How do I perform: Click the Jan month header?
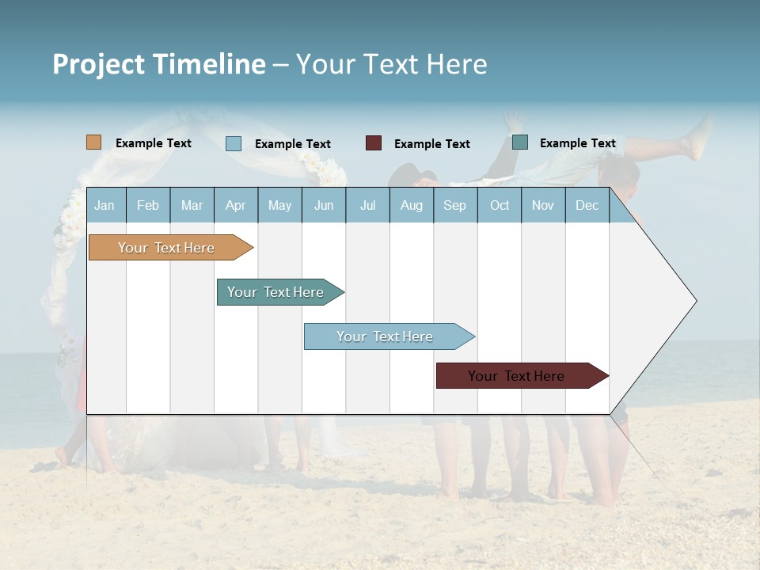(104, 205)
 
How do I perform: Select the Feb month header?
(148, 205)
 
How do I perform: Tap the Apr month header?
(235, 205)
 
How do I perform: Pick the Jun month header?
(324, 205)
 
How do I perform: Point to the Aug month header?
(411, 205)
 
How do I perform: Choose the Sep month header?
(454, 205)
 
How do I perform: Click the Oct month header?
(500, 205)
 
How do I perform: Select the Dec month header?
(587, 205)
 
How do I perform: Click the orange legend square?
(94, 142)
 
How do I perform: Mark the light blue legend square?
(234, 143)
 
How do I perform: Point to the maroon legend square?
(374, 142)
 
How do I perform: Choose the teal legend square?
(520, 142)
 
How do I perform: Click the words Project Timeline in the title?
(159, 64)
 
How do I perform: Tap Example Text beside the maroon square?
(431, 143)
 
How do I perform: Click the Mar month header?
(192, 205)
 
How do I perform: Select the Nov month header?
(543, 205)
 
